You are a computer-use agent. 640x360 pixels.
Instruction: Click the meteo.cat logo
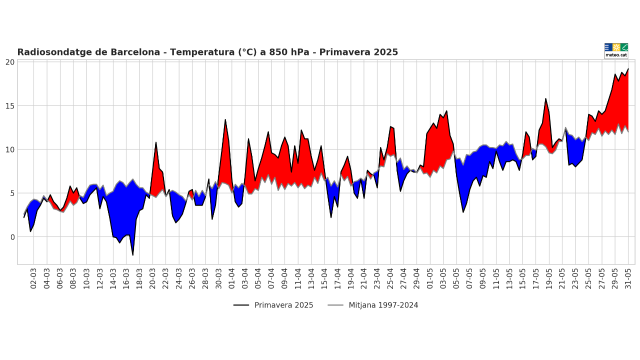(x=616, y=50)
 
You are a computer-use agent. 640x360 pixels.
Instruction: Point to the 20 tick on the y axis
(x=10, y=62)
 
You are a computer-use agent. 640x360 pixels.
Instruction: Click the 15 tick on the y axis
(x=10, y=106)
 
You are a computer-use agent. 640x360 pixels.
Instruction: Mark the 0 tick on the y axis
(x=12, y=237)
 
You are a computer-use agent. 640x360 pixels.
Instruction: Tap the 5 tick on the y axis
(x=12, y=193)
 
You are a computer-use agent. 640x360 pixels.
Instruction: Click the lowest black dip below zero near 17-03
(x=133, y=255)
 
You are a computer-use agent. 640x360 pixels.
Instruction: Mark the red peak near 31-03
(x=225, y=120)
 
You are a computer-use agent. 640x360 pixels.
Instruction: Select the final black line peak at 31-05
(x=628, y=69)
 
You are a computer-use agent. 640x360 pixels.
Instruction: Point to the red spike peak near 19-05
(x=545, y=99)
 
